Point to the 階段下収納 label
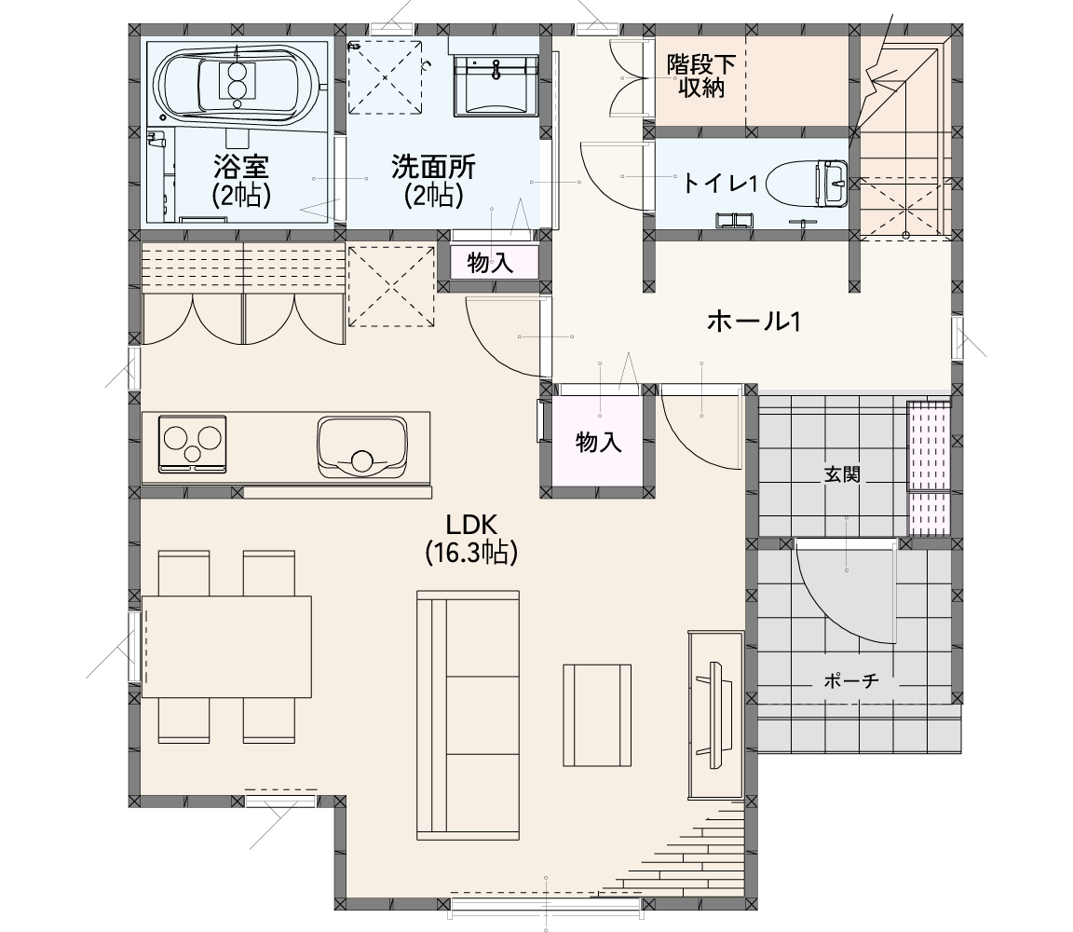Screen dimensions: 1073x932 [701, 76]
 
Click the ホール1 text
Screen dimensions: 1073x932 [754, 322]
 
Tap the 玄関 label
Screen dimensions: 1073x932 [842, 473]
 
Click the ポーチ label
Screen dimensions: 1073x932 [851, 680]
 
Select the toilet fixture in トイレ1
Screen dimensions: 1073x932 [808, 183]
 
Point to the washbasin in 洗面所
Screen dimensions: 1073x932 [495, 86]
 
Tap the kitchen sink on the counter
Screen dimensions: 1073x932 [362, 447]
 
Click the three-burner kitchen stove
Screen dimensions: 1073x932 [192, 444]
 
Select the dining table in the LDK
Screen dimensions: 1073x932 [226, 647]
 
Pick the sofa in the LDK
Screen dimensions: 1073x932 [469, 715]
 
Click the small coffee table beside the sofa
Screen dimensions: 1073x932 [597, 715]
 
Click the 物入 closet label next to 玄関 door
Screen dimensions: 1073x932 [599, 443]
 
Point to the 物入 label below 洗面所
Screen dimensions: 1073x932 [490, 262]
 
